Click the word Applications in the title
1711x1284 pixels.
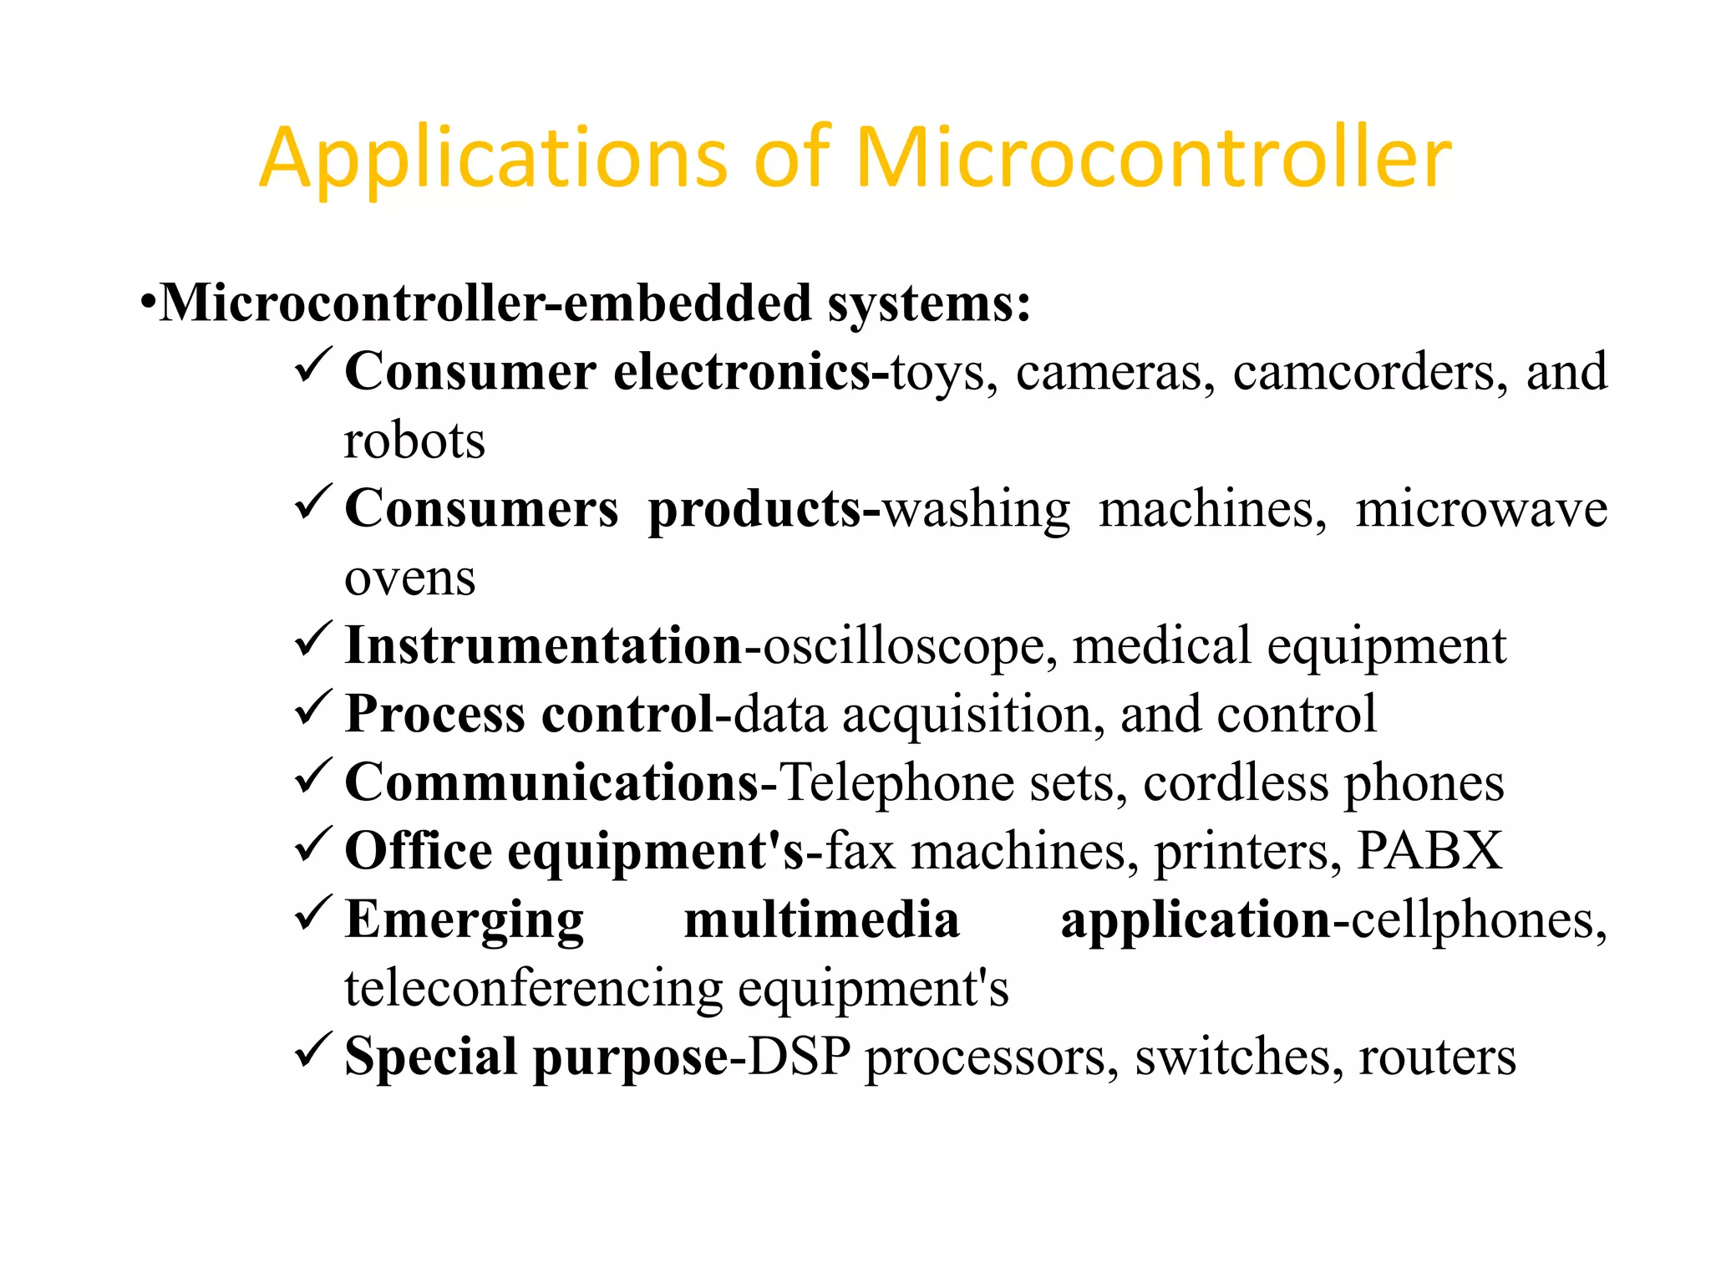(493, 159)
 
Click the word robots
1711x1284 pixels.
(414, 441)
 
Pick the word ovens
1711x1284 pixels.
(409, 578)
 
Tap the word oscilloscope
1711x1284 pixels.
(902, 646)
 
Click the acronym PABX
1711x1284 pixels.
(1429, 851)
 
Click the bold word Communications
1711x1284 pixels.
(551, 783)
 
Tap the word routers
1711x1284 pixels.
(1437, 1057)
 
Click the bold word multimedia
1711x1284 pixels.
(821, 920)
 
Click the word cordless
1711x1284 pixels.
(1236, 783)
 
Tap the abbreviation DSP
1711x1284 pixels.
(799, 1057)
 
